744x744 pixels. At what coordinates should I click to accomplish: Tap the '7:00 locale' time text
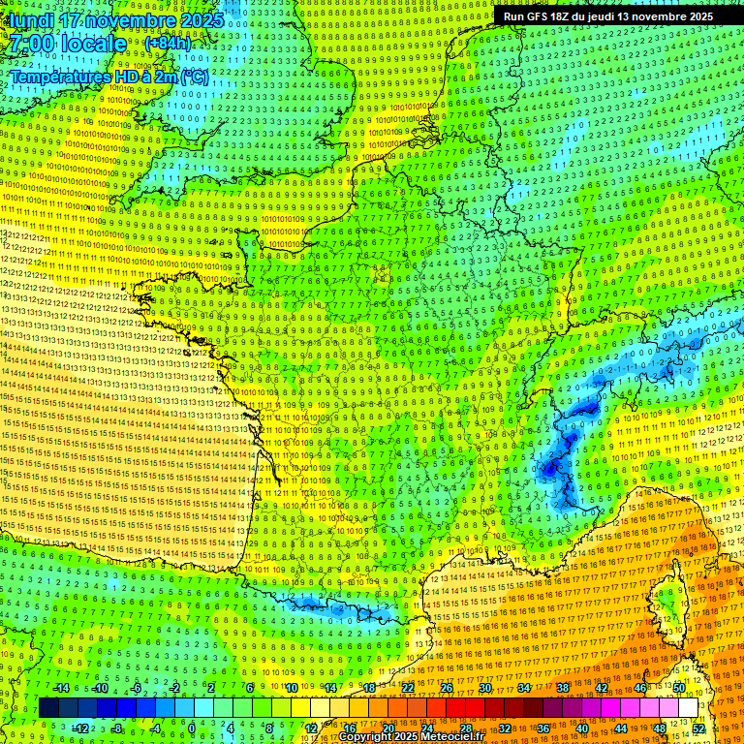68,44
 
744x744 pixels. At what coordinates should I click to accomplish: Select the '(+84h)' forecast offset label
168,44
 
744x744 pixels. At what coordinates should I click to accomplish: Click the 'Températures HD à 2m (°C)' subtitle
108,77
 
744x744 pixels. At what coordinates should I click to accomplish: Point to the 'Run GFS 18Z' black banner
607,16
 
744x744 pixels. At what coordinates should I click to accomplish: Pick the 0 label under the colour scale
192,728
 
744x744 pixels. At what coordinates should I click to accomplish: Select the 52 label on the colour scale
698,728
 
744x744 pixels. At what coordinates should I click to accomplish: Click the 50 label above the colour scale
679,688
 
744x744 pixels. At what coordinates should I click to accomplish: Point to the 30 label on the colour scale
485,688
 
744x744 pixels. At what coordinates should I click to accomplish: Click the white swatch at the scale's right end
688,708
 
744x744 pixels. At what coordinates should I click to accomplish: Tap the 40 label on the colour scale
582,728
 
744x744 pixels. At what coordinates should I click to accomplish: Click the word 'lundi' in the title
30,19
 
